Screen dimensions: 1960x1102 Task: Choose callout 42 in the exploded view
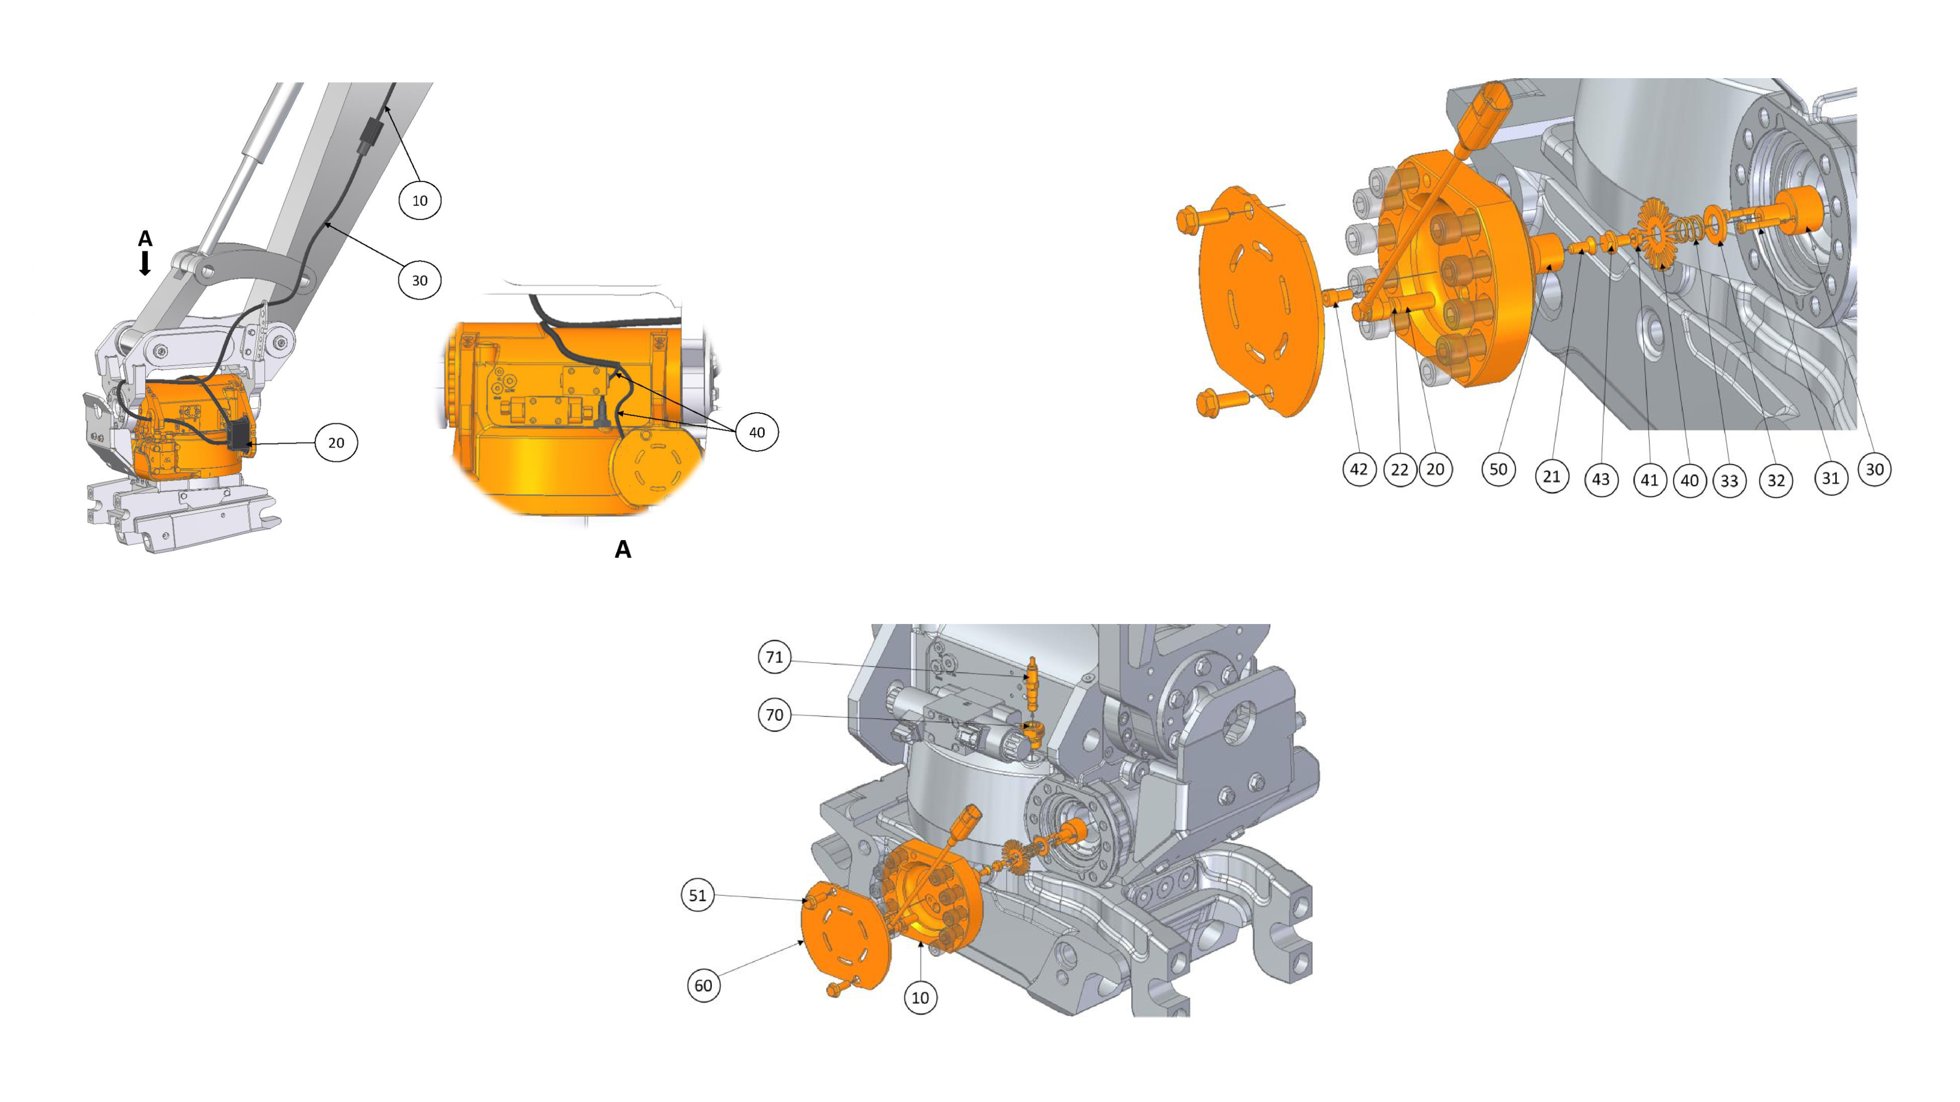(x=1359, y=470)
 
